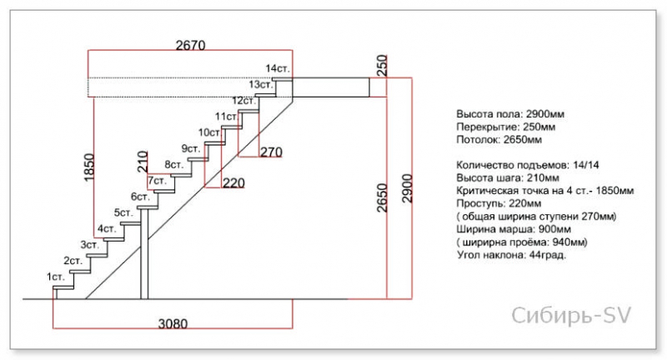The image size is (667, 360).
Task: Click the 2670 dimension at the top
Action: point(191,45)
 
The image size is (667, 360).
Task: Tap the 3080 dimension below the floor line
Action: point(173,324)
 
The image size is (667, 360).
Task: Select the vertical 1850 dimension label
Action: point(89,167)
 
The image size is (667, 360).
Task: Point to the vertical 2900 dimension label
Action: point(407,188)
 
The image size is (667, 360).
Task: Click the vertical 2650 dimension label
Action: point(383,197)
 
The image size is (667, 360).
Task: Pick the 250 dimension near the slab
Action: point(382,65)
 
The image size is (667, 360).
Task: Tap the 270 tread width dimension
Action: point(271,152)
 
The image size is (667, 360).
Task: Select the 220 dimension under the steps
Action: point(234,183)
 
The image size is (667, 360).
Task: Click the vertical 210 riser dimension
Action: point(143,162)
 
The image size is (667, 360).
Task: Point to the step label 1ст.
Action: point(56,277)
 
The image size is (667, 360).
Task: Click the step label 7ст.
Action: point(158,181)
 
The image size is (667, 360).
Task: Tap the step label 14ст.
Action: point(278,68)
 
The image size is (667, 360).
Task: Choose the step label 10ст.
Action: point(210,132)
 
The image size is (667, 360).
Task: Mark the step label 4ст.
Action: point(107,228)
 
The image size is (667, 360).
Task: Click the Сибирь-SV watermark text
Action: point(571,316)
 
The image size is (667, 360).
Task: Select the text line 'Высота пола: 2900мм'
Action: point(510,114)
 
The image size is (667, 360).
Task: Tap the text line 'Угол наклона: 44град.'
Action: point(512,255)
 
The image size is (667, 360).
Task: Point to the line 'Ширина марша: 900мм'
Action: point(514,229)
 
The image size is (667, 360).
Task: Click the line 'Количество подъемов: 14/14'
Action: point(528,165)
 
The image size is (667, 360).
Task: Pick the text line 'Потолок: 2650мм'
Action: point(499,139)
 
